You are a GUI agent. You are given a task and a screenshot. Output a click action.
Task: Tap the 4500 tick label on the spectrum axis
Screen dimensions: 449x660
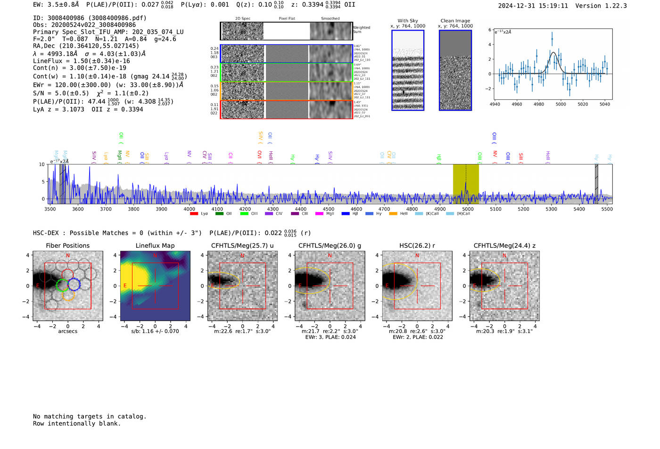point(328,209)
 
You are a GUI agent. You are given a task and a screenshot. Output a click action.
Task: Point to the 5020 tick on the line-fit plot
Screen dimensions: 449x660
point(583,104)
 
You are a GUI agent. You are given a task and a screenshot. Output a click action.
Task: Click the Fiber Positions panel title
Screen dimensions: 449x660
point(67,245)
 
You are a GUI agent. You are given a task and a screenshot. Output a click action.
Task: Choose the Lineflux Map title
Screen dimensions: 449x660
point(155,245)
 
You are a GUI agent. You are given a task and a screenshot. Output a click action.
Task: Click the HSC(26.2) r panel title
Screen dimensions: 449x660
point(417,245)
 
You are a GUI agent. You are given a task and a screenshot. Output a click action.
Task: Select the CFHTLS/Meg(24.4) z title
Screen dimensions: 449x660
point(504,245)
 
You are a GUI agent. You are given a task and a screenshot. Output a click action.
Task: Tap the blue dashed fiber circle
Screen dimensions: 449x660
point(74,284)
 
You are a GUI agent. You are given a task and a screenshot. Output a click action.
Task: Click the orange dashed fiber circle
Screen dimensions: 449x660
point(68,295)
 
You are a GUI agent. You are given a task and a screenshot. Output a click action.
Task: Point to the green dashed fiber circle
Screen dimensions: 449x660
point(62,285)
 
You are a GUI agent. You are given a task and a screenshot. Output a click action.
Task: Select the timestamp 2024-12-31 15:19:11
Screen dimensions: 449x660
point(533,6)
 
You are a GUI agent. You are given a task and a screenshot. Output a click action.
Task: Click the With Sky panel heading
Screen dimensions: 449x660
point(407,21)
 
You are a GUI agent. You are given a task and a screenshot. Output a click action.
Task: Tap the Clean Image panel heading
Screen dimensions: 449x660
point(455,21)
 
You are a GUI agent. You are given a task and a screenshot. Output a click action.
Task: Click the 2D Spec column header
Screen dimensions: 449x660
point(242,18)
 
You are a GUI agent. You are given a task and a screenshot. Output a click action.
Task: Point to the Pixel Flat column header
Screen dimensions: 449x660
point(287,18)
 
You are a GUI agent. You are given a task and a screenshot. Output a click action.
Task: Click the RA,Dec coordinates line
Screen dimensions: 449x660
point(86,46)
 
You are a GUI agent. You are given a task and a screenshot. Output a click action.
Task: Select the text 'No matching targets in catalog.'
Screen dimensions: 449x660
point(90,416)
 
